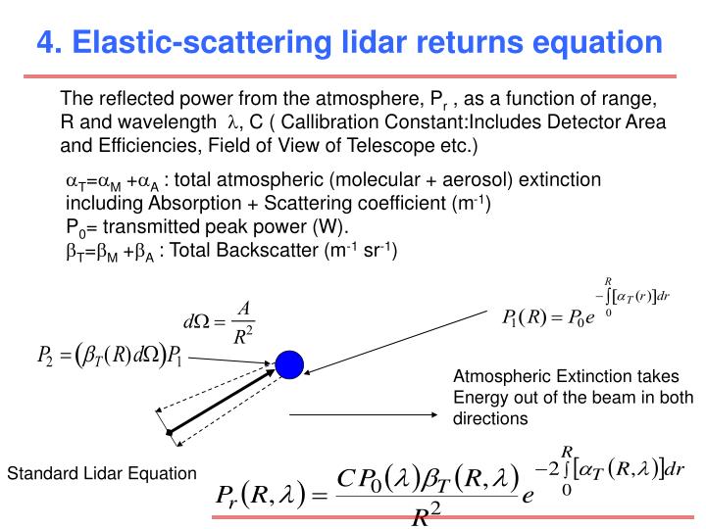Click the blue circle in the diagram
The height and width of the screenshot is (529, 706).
point(289,364)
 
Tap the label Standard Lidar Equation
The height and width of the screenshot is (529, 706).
point(102,474)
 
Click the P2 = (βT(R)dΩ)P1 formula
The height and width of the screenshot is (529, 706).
point(109,360)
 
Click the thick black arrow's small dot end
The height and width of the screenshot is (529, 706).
point(170,432)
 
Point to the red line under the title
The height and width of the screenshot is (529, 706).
point(353,75)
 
